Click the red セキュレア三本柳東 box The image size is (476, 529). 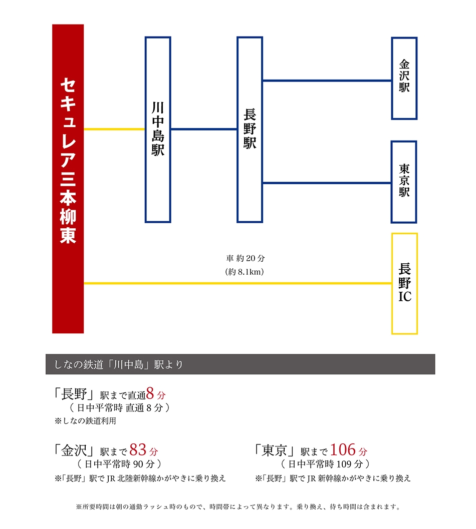tap(68, 179)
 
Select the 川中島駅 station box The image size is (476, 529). tap(158, 130)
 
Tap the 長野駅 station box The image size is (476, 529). tap(250, 130)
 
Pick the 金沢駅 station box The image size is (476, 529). tap(404, 78)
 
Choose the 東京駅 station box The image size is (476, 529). tap(404, 182)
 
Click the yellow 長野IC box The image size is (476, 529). tap(404, 284)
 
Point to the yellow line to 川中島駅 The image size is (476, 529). tap(114, 129)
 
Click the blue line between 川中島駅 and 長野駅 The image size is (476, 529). tap(204, 129)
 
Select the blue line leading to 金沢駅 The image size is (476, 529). tap(327, 81)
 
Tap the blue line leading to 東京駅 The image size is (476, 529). tap(327, 183)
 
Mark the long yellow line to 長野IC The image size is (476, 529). tap(237, 283)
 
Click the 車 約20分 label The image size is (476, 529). tap(245, 258)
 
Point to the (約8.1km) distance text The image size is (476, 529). tap(244, 272)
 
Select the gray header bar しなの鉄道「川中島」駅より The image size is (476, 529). tap(240, 364)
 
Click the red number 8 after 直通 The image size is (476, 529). tap(150, 393)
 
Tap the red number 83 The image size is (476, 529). tap(137, 450)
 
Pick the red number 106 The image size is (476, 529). tap(343, 450)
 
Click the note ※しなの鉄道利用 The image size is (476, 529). tap(86, 421)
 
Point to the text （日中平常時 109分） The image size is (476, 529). tap(325, 464)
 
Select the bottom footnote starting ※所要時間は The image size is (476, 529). tap(238, 507)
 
